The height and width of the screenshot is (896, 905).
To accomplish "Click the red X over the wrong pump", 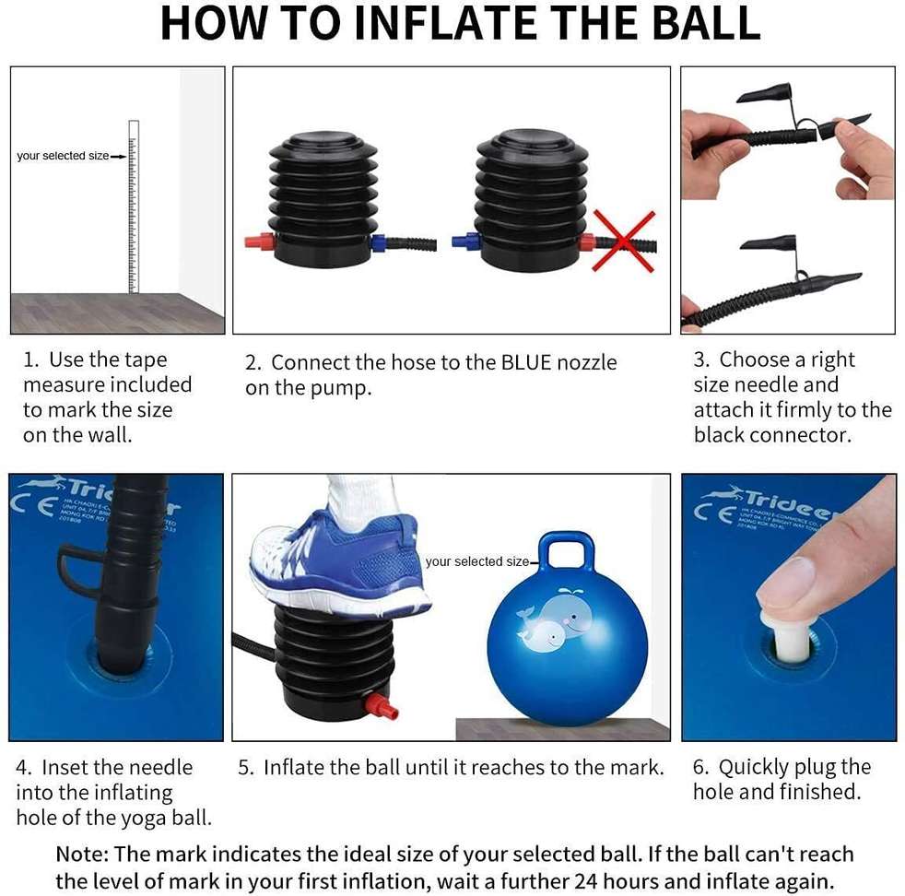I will tap(623, 242).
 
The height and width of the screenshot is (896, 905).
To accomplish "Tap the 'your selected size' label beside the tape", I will tap(63, 156).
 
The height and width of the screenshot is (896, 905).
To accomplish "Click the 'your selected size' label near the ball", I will tap(477, 561).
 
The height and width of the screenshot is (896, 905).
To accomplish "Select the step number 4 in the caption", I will tap(23, 768).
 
